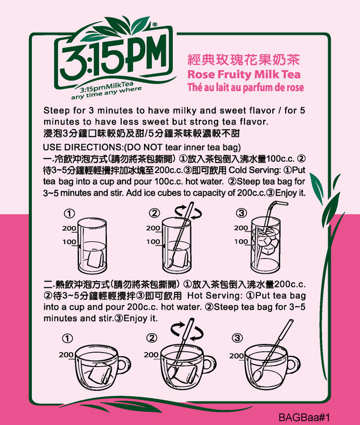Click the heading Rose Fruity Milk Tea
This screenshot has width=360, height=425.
244,75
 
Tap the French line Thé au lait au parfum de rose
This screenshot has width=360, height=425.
246,87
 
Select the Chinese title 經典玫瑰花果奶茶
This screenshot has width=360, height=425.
243,60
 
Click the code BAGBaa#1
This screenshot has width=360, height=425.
304,417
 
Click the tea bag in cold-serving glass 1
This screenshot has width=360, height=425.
95,258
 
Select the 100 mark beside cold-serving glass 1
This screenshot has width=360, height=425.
69,242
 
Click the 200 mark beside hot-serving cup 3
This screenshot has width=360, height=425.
236,356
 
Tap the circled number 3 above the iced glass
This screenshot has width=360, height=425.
241,213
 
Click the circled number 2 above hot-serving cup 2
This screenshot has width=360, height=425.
152,338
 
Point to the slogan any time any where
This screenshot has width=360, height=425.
106,93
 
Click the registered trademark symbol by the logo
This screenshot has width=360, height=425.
155,25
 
